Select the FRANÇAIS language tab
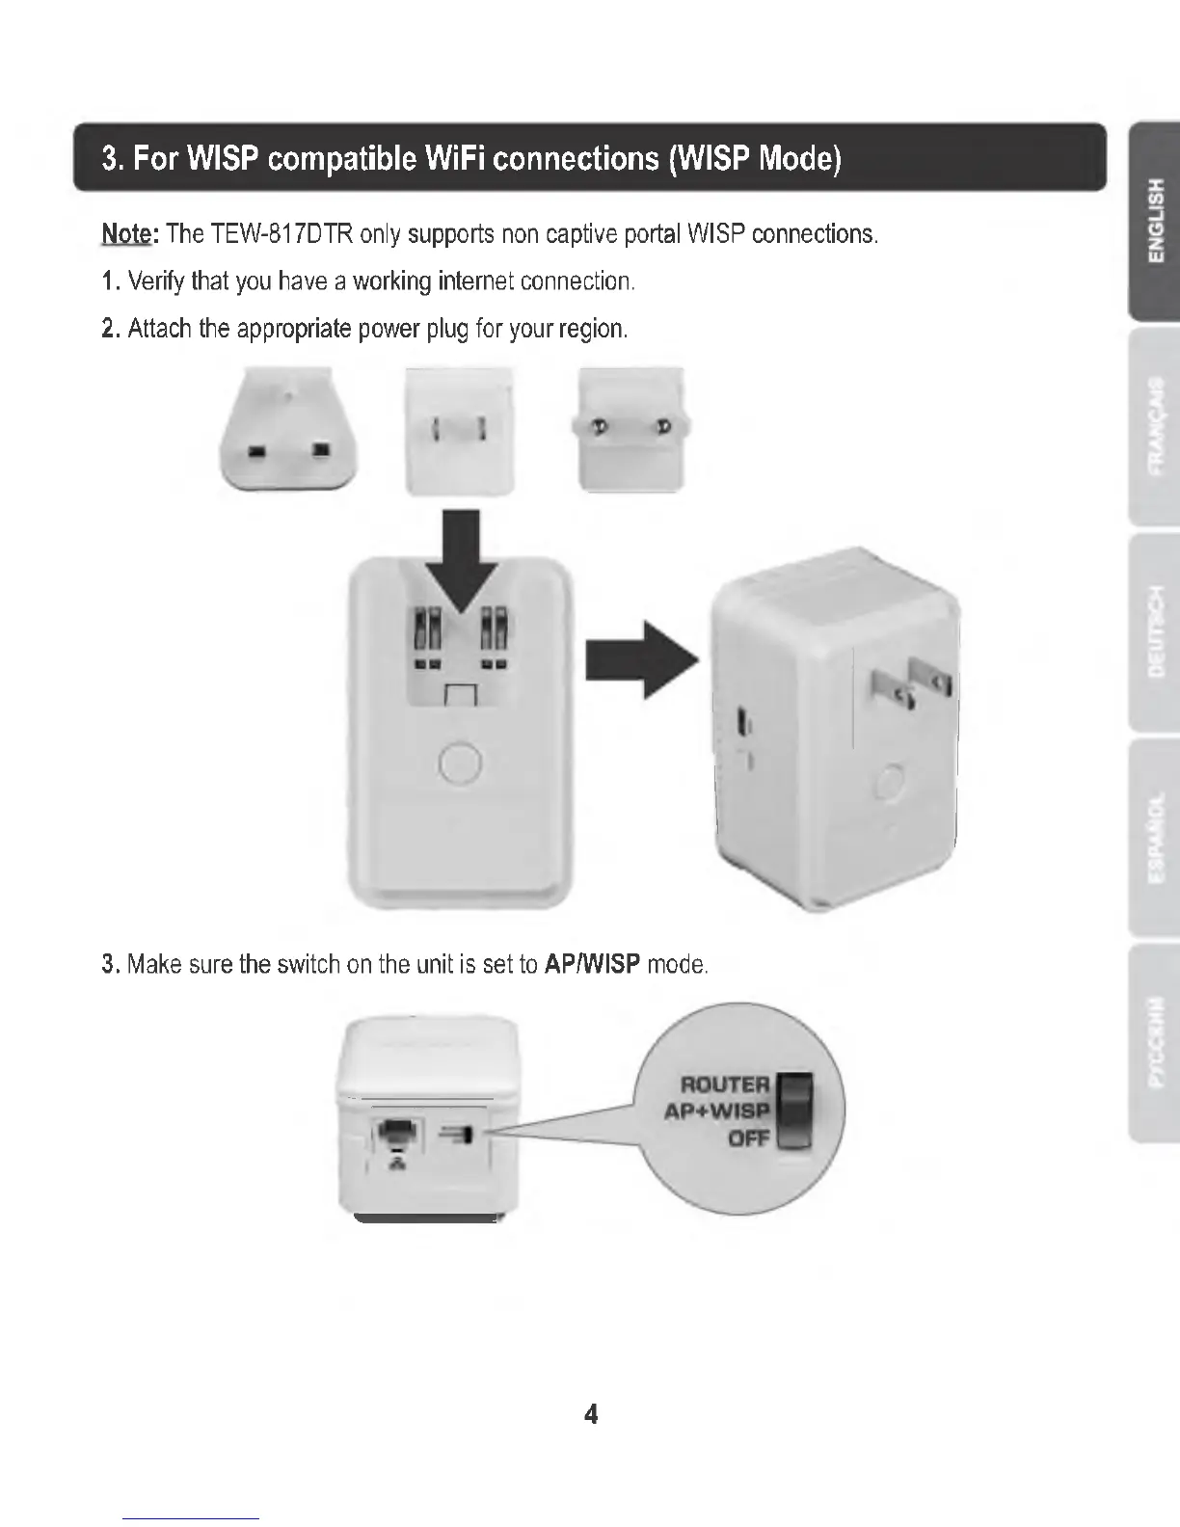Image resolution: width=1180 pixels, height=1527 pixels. [1155, 426]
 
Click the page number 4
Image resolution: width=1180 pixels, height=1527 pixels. [590, 1414]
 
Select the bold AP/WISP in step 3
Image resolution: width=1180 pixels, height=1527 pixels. [592, 964]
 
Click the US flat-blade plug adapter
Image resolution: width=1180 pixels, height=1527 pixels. [459, 431]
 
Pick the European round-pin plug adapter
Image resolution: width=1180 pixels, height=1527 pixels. [631, 429]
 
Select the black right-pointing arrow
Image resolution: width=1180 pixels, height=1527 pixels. [640, 659]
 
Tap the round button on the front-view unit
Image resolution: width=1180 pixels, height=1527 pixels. [460, 763]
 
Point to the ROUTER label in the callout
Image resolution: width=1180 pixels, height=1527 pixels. [724, 1085]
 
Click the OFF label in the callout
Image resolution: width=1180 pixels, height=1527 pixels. [748, 1139]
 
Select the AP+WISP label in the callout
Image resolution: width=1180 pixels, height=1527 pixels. [716, 1111]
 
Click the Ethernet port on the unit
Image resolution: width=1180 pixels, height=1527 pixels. [395, 1137]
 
